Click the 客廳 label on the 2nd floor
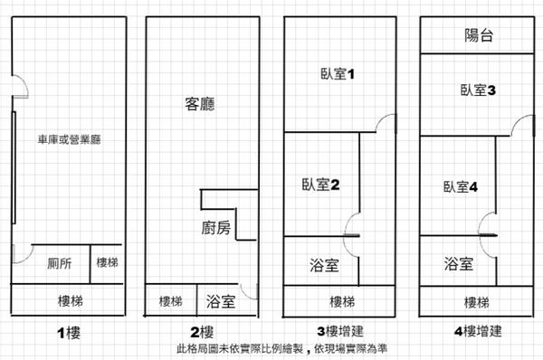(x=200, y=104)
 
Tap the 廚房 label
(x=216, y=228)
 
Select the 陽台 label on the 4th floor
(x=479, y=35)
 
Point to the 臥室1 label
(x=338, y=74)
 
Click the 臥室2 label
(x=320, y=185)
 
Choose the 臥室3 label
(x=478, y=90)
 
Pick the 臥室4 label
(x=461, y=187)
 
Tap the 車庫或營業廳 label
(x=70, y=139)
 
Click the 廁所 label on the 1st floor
(x=60, y=263)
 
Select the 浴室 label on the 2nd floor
(x=221, y=301)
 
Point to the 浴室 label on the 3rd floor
(x=324, y=265)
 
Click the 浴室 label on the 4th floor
(x=459, y=264)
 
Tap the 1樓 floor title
(x=69, y=334)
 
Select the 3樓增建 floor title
(x=340, y=331)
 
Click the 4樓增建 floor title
(x=478, y=331)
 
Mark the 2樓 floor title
(x=202, y=332)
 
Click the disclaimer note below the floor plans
(x=281, y=348)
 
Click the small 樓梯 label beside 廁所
(x=108, y=262)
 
